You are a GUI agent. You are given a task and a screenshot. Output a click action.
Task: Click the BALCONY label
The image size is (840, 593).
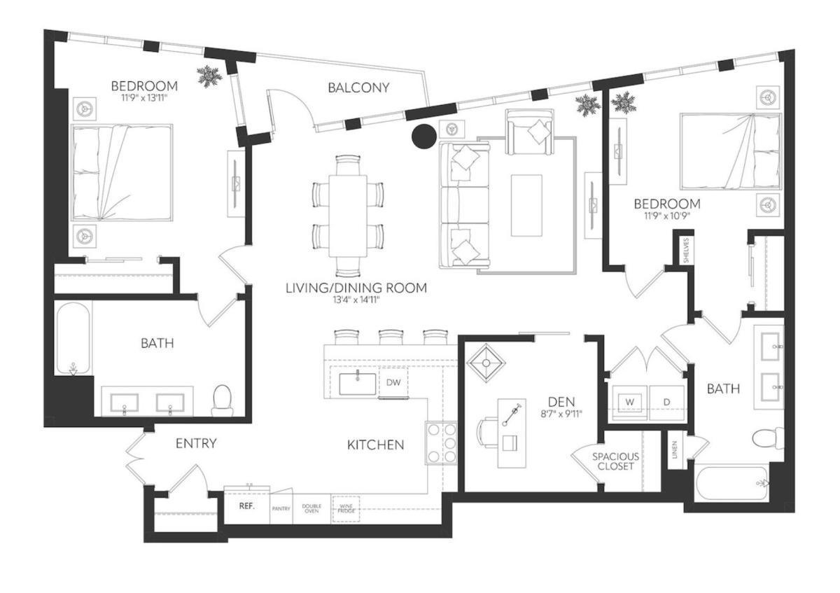pyautogui.click(x=358, y=88)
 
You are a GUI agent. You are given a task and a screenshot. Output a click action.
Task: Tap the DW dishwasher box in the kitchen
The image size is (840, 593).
pyautogui.click(x=393, y=382)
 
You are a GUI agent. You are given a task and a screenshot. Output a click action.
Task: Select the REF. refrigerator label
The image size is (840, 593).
pyautogui.click(x=246, y=505)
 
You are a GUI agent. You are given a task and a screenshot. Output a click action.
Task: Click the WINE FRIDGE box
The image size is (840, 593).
pyautogui.click(x=345, y=509)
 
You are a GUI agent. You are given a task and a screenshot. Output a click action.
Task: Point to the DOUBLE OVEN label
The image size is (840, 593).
pyautogui.click(x=311, y=509)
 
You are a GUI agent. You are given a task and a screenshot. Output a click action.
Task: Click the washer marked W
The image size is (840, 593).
pyautogui.click(x=629, y=402)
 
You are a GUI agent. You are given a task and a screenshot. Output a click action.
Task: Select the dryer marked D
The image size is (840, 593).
pyautogui.click(x=667, y=402)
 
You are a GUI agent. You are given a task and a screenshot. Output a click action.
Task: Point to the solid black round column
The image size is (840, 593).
pyautogui.click(x=423, y=137)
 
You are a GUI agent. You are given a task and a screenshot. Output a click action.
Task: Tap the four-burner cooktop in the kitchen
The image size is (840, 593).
pyautogui.click(x=441, y=442)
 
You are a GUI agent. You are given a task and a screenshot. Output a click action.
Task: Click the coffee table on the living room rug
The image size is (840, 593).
pyautogui.click(x=526, y=205)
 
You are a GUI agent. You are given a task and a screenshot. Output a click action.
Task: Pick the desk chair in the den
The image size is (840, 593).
pyautogui.click(x=489, y=430)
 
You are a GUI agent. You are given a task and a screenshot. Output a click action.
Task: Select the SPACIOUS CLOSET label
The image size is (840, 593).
pyautogui.click(x=616, y=461)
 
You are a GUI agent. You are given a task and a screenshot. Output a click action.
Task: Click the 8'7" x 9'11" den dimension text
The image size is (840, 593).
pyautogui.click(x=561, y=414)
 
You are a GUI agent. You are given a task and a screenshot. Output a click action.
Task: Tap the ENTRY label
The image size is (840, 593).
pyautogui.click(x=196, y=443)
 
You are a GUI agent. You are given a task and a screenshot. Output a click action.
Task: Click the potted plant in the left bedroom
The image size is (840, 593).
pyautogui.click(x=209, y=76)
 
